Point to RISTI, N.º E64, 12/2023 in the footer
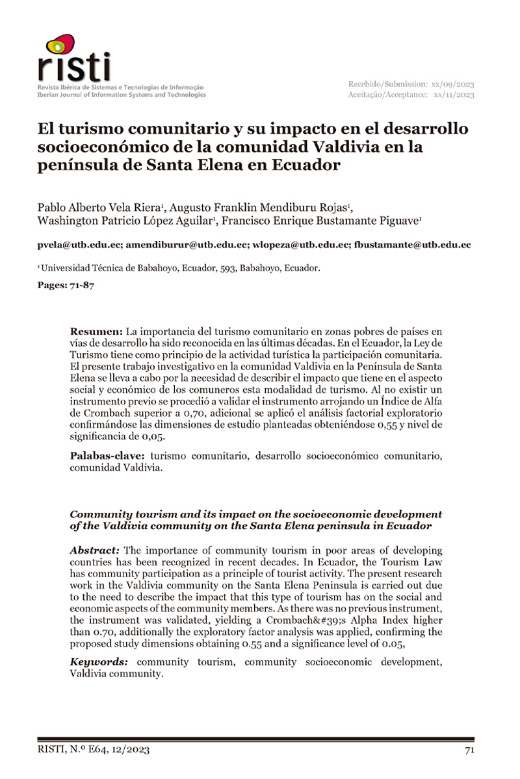point(94,750)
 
